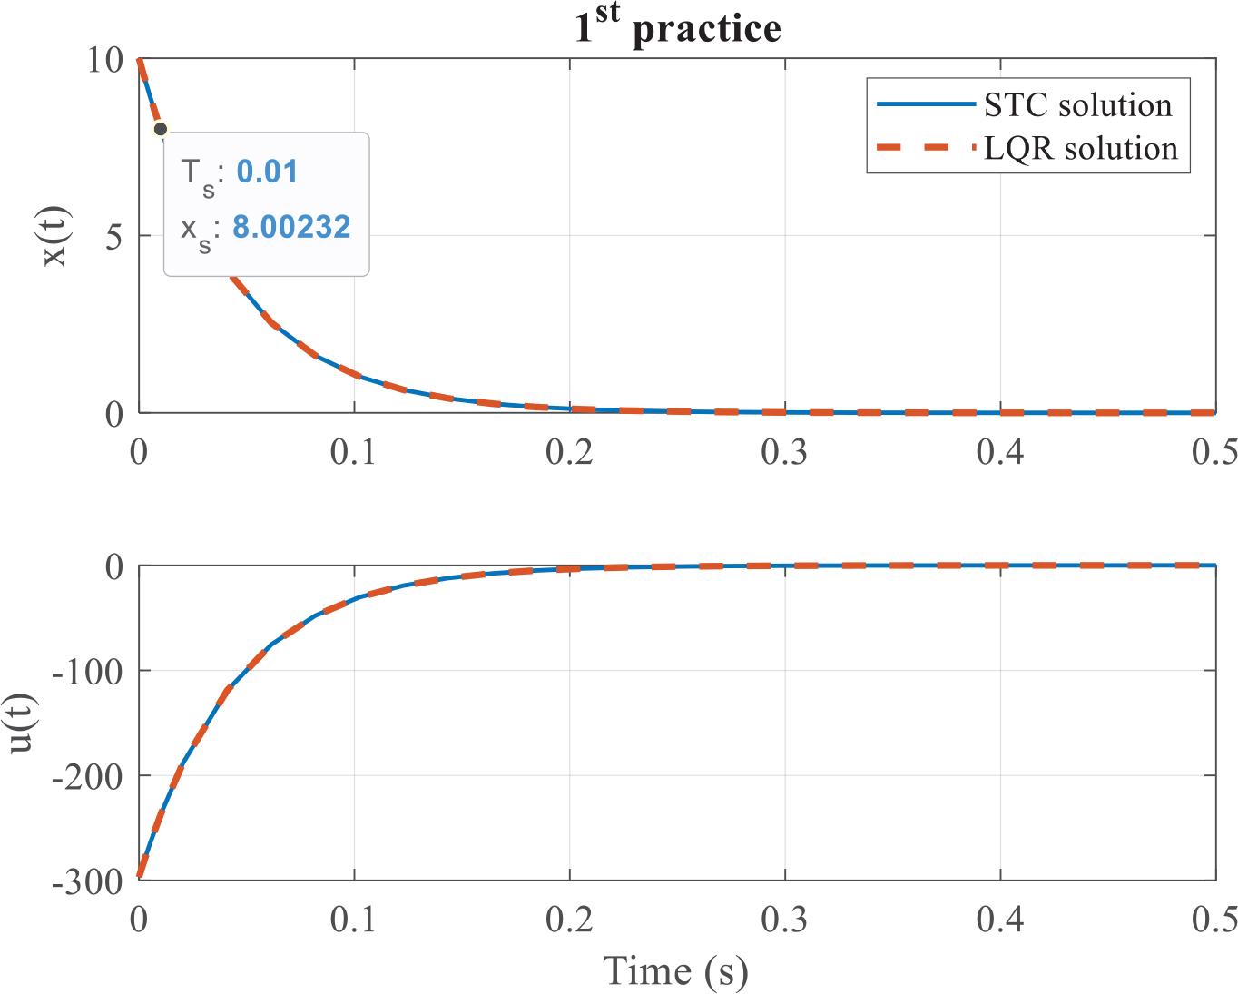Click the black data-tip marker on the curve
coord(161,129)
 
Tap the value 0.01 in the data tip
coord(267,172)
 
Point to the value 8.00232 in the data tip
coord(291,226)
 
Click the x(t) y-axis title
coord(56,236)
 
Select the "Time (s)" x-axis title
coord(676,970)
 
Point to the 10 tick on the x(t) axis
coord(106,61)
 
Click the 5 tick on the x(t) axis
coord(114,236)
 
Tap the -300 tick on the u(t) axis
coord(88,881)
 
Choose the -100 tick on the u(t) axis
coord(88,671)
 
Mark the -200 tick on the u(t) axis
coord(88,776)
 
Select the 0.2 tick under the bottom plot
coord(569,920)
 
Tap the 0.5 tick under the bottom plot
coord(1214,920)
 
